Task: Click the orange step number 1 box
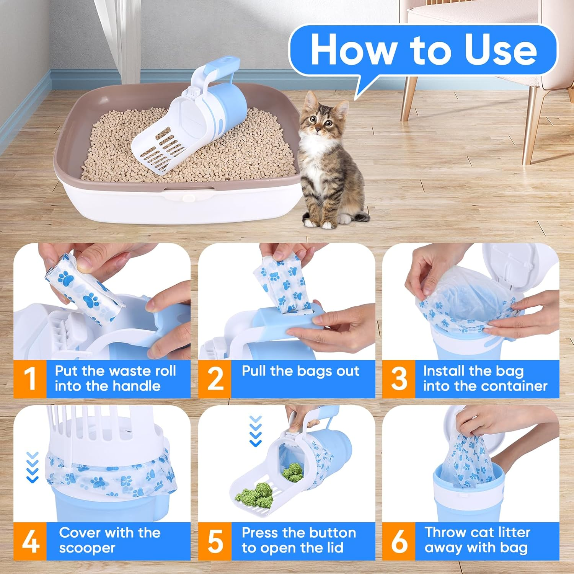(x=30, y=379)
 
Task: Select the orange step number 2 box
(x=215, y=379)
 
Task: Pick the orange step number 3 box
(x=399, y=379)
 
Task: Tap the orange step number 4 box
(x=30, y=541)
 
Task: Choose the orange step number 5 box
(x=215, y=541)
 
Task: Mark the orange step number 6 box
(x=399, y=541)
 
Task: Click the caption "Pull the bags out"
(x=300, y=371)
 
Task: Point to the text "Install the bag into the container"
(x=485, y=378)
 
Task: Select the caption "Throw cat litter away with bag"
(x=477, y=540)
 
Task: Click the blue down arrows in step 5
(x=255, y=431)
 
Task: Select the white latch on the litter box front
(x=189, y=197)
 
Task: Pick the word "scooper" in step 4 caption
(x=87, y=548)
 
